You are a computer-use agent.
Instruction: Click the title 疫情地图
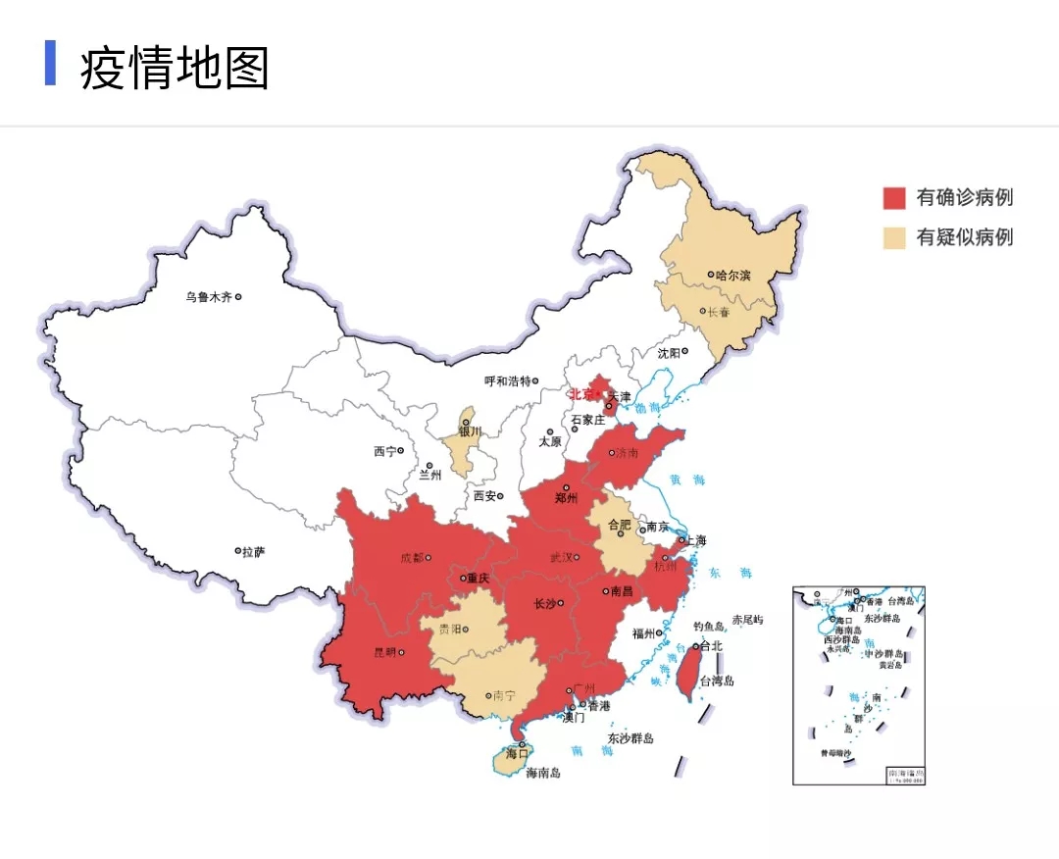pos(175,68)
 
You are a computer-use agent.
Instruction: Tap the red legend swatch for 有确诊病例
pos(893,198)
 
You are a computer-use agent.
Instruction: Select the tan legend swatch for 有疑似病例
pos(893,237)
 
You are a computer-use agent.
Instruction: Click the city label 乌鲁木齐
pos(209,296)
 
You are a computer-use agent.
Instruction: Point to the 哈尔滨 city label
pos(732,276)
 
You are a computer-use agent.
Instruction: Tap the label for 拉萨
pos(253,552)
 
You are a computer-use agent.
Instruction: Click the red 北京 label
pos(582,394)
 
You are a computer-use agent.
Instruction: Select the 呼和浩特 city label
pos(507,380)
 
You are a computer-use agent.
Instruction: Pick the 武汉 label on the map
pos(560,557)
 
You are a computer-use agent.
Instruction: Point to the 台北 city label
pos(710,646)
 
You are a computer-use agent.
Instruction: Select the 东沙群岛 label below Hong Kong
pos(630,737)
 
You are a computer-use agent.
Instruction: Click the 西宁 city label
pos(384,451)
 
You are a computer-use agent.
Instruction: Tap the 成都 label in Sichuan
pos(412,558)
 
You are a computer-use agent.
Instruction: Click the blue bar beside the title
pos(50,64)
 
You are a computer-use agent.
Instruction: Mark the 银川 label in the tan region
pos(470,431)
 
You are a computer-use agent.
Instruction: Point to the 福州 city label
pos(643,633)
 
